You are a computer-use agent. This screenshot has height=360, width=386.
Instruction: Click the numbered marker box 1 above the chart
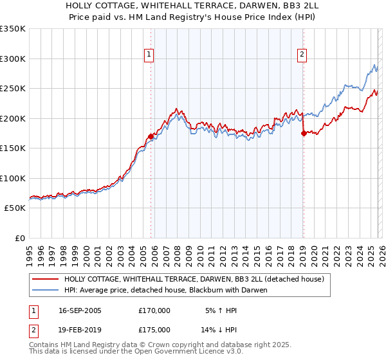[149, 55]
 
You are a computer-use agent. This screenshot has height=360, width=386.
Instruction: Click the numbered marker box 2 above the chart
[302, 55]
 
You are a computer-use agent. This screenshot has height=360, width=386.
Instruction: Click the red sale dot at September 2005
[151, 136]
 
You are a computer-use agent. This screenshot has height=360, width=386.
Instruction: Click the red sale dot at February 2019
[303, 134]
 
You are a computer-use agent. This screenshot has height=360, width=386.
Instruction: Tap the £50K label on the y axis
[15, 208]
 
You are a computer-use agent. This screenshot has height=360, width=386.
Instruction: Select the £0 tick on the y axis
[19, 239]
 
